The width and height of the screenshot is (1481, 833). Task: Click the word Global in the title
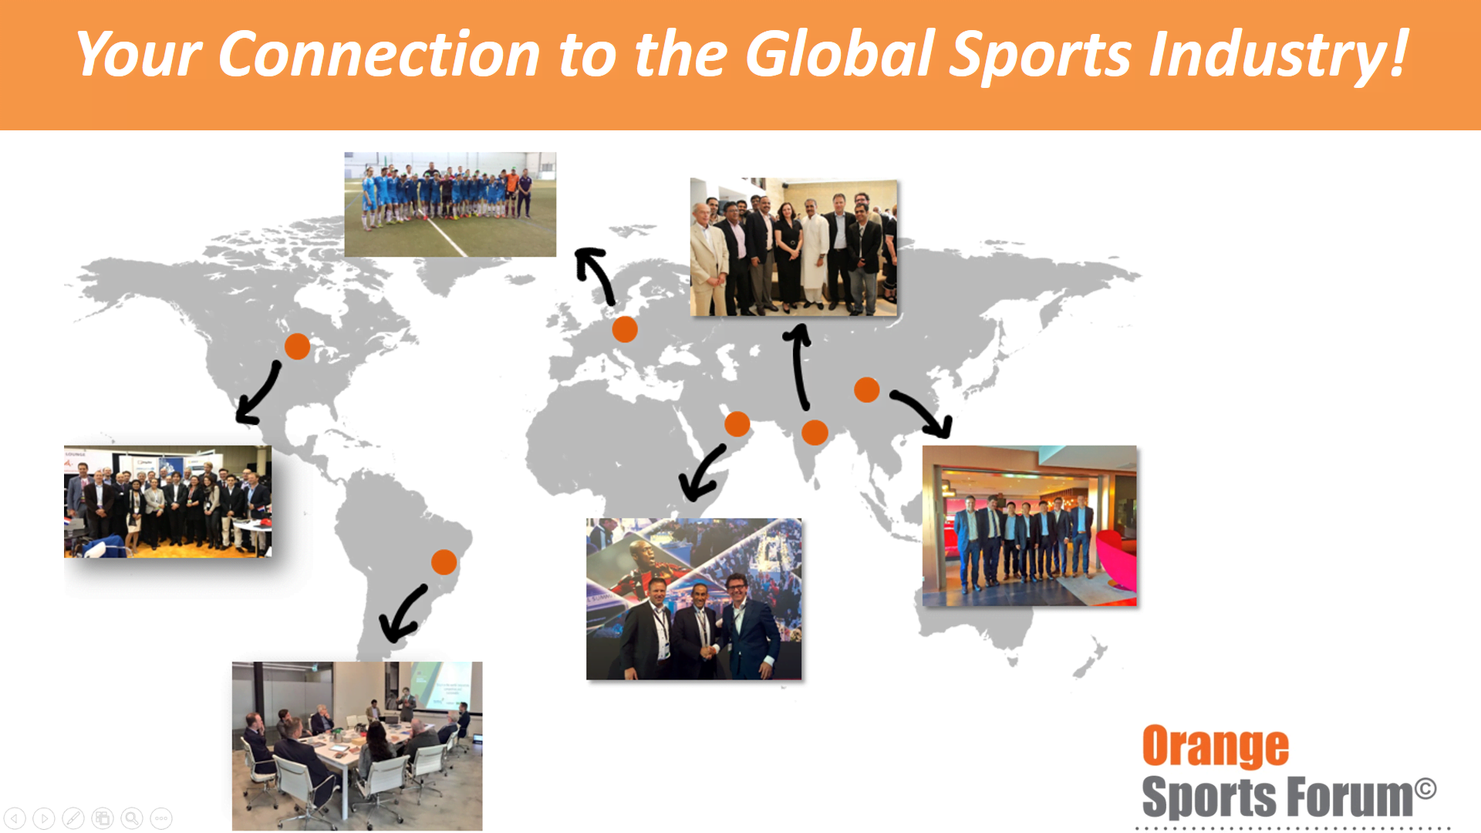pos(840,54)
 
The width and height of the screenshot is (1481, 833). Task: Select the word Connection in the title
pos(379,54)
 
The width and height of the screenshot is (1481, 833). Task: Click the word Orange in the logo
pos(1215,747)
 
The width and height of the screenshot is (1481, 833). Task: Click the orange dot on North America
pos(297,346)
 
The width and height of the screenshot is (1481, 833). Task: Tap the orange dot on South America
pos(444,562)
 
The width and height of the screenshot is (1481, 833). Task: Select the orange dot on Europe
pos(625,329)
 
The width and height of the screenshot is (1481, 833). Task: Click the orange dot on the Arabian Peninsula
pos(737,423)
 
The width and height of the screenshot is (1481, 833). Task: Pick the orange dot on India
pos(815,433)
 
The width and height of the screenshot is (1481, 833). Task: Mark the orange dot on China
pos(867,390)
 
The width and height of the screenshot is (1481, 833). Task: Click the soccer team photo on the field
pos(450,204)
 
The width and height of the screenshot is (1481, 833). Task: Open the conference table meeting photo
pos(357,746)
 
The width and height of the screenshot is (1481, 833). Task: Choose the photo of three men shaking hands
pos(694,599)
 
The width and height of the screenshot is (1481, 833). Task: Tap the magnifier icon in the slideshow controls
pos(132,818)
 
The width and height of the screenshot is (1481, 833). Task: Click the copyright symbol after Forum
pos(1425,788)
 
